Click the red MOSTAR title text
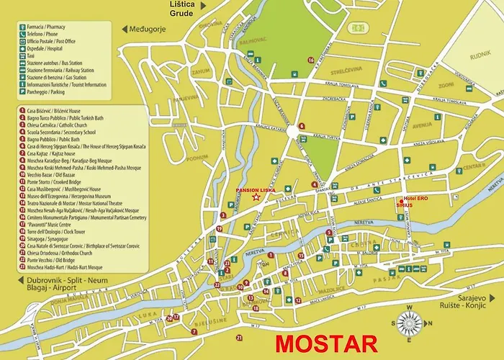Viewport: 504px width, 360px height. (325, 343)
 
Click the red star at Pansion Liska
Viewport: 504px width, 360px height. (257, 197)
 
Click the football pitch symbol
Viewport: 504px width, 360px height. (356, 27)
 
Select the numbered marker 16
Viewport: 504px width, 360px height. (311, 60)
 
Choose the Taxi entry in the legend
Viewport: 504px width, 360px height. (32, 55)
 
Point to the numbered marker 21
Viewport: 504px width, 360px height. (238, 337)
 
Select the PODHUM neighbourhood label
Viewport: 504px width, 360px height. (175, 158)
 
